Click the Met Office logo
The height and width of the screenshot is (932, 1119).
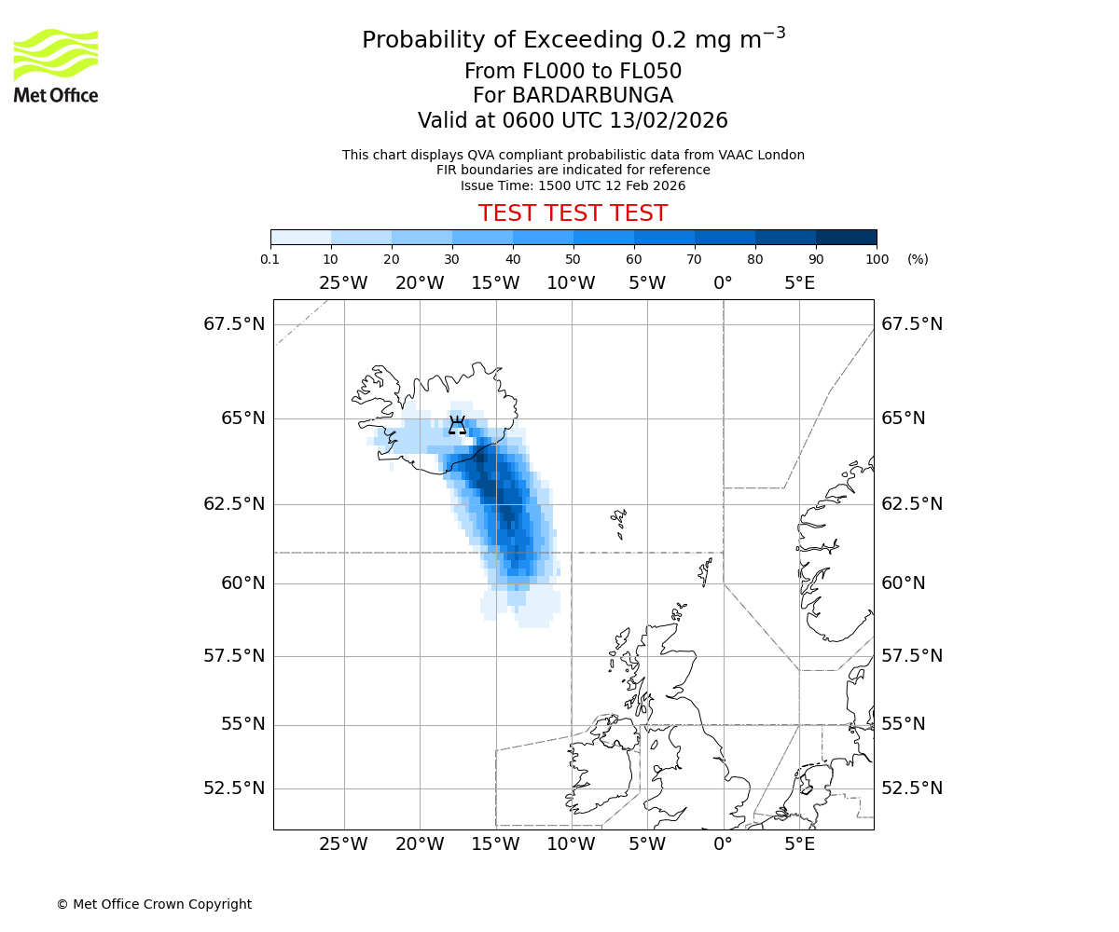(56, 65)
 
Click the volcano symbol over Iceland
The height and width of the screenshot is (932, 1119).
(457, 425)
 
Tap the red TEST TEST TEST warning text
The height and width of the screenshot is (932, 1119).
(573, 213)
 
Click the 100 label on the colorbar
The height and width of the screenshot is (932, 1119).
(877, 259)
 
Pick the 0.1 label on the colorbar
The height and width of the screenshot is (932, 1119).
(270, 259)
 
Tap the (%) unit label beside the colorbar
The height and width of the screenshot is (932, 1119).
(918, 259)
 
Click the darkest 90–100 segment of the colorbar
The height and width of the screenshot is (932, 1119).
(846, 237)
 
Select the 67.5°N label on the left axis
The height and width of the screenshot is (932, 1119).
(234, 324)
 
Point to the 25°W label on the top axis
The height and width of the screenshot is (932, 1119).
(343, 283)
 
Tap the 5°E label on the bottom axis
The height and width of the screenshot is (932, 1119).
(799, 845)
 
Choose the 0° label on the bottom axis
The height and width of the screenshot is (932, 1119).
(723, 845)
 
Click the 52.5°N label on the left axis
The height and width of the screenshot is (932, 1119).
(234, 788)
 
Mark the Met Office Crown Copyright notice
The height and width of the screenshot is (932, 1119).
(154, 904)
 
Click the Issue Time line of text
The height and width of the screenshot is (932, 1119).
(573, 185)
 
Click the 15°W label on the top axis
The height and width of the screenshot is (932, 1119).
(495, 283)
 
